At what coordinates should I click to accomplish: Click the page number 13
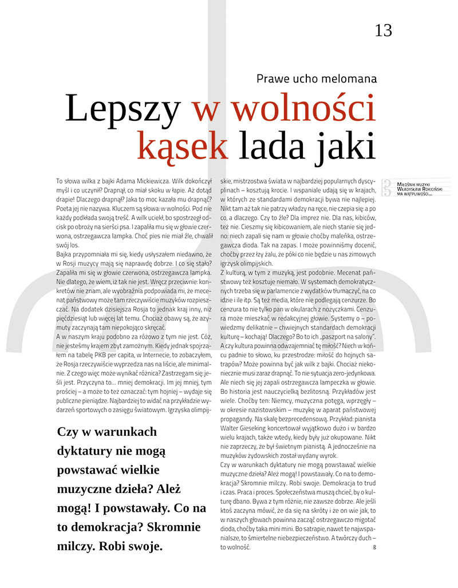pyautogui.click(x=383, y=30)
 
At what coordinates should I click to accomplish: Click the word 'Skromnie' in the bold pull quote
pyautogui.click(x=176, y=526)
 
